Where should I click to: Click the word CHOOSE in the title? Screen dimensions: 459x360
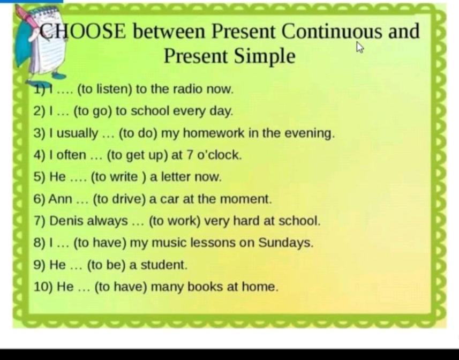83,31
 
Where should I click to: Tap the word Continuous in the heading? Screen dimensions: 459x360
332,31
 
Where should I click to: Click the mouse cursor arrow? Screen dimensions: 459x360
360,47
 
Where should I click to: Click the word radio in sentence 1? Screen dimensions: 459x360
188,89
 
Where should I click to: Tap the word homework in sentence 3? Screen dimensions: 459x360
213,133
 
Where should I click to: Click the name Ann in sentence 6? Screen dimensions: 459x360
61,199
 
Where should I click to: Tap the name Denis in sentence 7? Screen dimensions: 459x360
66,221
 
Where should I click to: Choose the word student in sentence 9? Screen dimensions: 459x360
164,265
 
